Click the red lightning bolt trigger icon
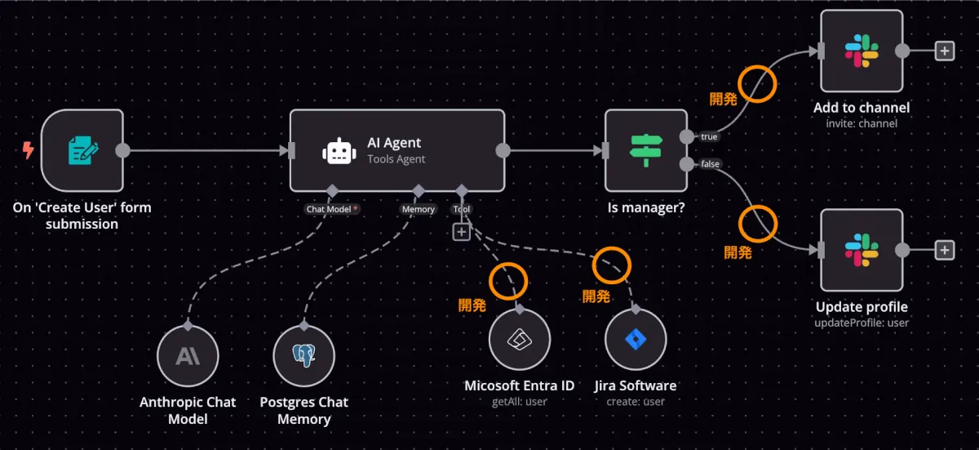pyautogui.click(x=29, y=150)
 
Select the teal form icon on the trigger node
pyautogui.click(x=82, y=150)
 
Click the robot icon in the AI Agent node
pyautogui.click(x=338, y=151)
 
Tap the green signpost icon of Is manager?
pyautogui.click(x=646, y=150)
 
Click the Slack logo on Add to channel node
pyautogui.click(x=862, y=51)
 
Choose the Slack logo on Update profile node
pyautogui.click(x=862, y=250)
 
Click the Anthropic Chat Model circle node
pyautogui.click(x=188, y=355)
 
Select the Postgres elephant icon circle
pyautogui.click(x=304, y=355)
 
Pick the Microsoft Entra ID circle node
pyautogui.click(x=520, y=340)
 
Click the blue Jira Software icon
pyautogui.click(x=636, y=340)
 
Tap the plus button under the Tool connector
pyautogui.click(x=461, y=232)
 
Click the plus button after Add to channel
pyautogui.click(x=944, y=51)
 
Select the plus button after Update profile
pyautogui.click(x=944, y=250)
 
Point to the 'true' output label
pyautogui.click(x=709, y=136)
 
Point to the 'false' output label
pyautogui.click(x=710, y=164)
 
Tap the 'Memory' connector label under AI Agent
pyautogui.click(x=418, y=209)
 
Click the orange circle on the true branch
pyautogui.click(x=757, y=84)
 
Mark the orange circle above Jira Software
pyautogui.click(x=611, y=263)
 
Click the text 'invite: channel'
pyautogui.click(x=862, y=123)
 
